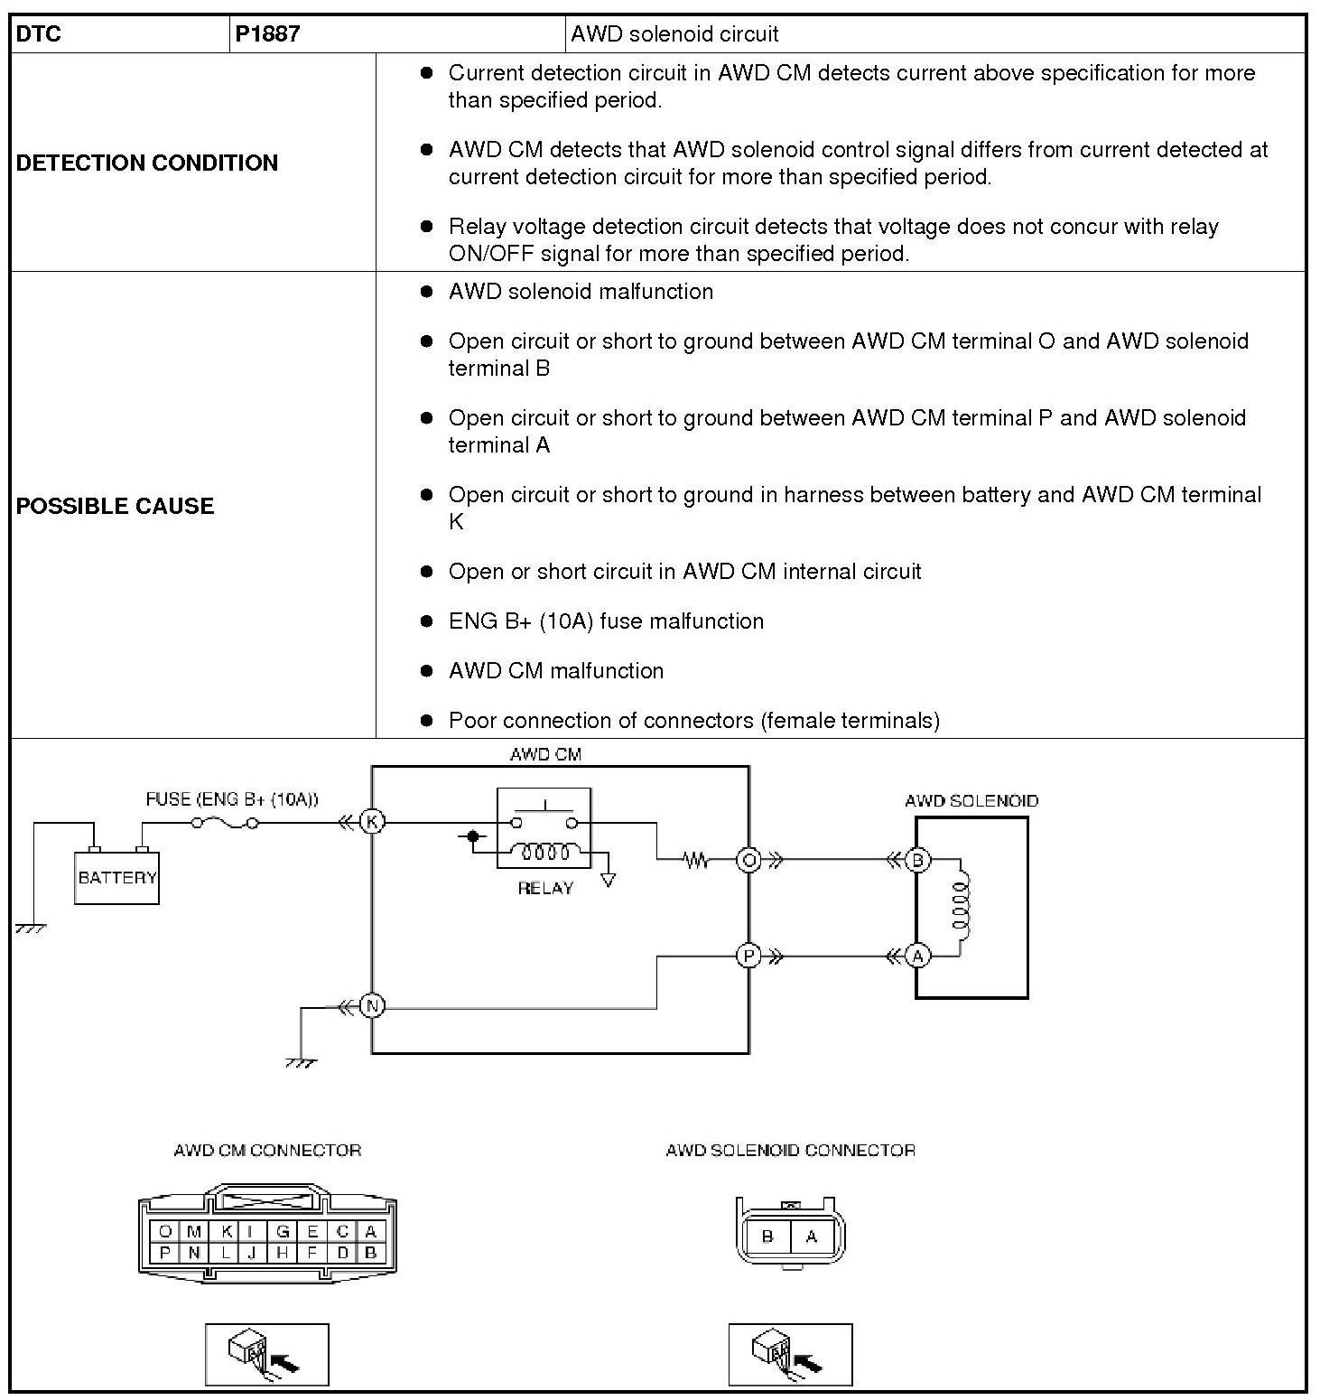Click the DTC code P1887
[267, 34]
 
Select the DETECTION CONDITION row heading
[147, 163]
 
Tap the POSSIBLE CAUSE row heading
[116, 506]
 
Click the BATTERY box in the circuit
[116, 877]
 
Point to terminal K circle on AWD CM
[372, 822]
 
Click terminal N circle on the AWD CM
[372, 1005]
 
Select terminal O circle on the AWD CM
[748, 860]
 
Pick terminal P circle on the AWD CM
[748, 955]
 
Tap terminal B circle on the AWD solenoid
[917, 860]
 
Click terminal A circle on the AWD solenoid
[917, 956]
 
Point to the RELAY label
[545, 888]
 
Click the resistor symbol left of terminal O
[696, 860]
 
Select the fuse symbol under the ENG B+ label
[226, 823]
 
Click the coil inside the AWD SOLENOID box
[960, 907]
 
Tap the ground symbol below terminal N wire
[302, 1062]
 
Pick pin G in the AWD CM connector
[283, 1231]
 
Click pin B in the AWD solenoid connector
[767, 1237]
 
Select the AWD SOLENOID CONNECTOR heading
[790, 1150]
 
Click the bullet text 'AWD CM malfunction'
[555, 670]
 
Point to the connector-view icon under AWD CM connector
[267, 1354]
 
